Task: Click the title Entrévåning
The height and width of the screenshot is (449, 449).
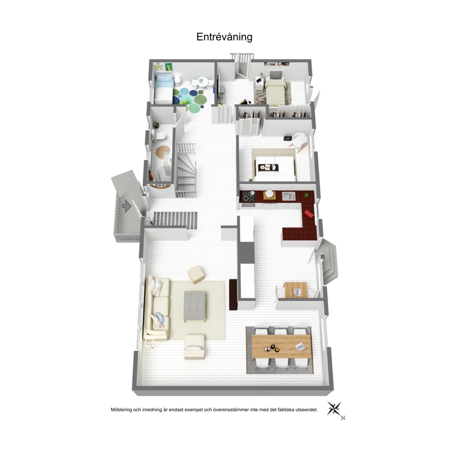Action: [224, 37]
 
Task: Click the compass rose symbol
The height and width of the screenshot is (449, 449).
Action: [334, 409]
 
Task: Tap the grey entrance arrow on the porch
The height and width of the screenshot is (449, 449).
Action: [127, 206]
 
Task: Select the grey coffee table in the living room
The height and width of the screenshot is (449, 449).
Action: [195, 306]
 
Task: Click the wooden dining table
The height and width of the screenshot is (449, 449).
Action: [281, 347]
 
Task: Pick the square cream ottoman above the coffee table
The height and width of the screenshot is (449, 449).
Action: [196, 274]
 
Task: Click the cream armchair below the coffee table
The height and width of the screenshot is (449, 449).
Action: [195, 347]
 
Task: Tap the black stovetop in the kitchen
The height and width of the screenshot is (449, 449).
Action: [248, 196]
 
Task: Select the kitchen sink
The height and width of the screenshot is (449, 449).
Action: [289, 196]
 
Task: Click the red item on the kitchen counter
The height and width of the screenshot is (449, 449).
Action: [309, 214]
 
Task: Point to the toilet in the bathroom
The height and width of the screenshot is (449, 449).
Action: [158, 135]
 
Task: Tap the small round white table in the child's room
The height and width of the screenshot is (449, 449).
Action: [202, 81]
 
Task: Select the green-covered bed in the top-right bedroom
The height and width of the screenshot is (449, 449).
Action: [275, 92]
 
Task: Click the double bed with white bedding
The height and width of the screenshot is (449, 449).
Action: [275, 169]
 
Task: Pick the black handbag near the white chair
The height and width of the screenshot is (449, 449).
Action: [287, 138]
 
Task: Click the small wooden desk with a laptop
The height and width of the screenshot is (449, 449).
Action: [296, 290]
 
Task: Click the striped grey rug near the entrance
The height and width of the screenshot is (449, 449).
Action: [176, 220]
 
